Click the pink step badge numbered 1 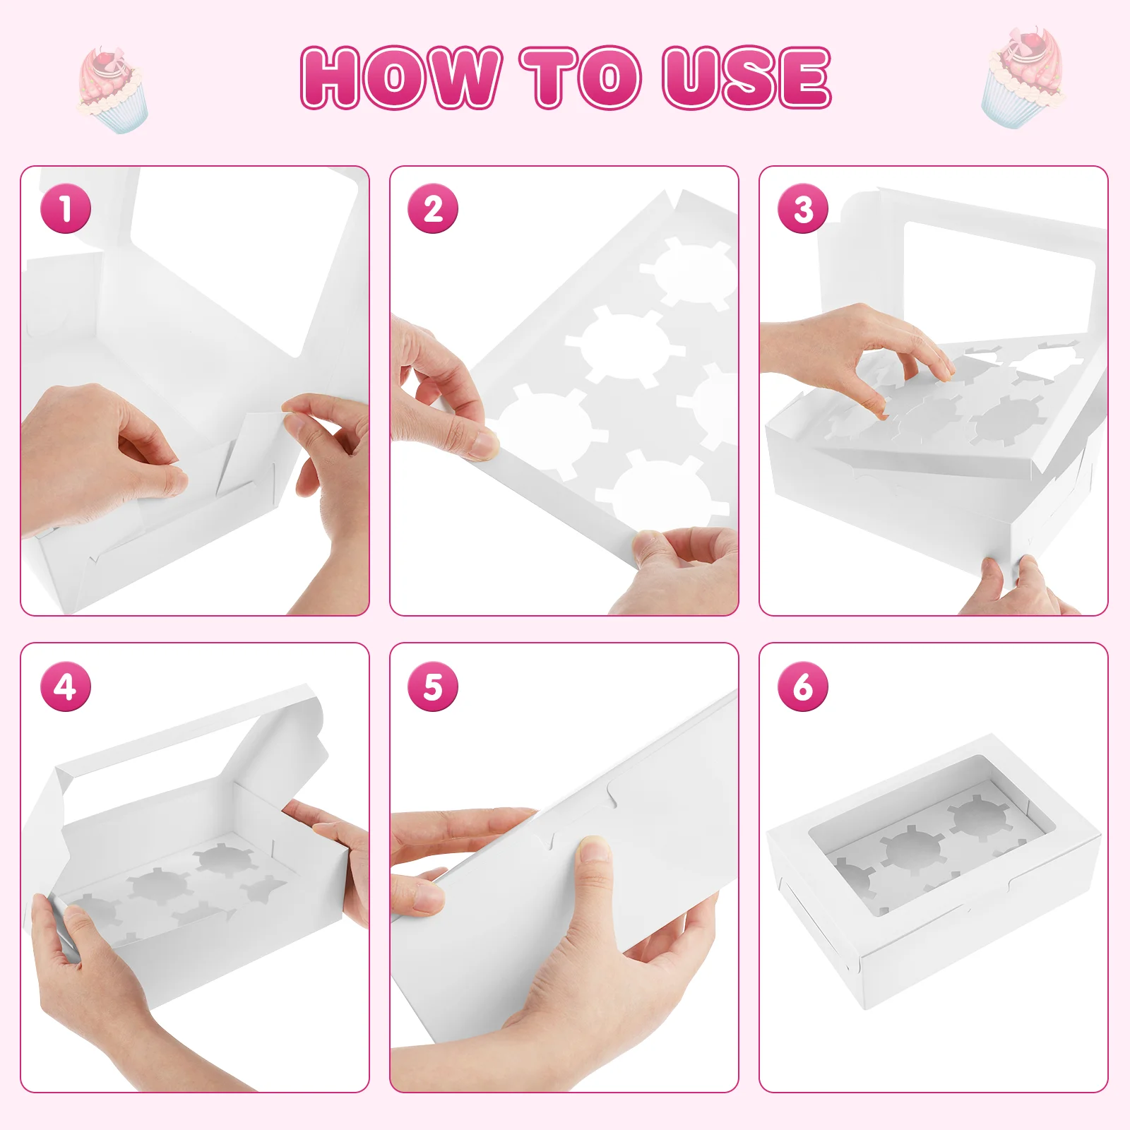coord(66,208)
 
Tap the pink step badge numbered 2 coord(433,208)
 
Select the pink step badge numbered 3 coord(803,208)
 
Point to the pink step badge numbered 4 coord(66,686)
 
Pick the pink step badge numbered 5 coord(433,686)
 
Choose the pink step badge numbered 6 coord(803,686)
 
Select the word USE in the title coord(747,78)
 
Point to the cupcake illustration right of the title coord(1022,78)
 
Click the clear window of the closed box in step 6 coord(932,833)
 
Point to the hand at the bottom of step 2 coord(674,569)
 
